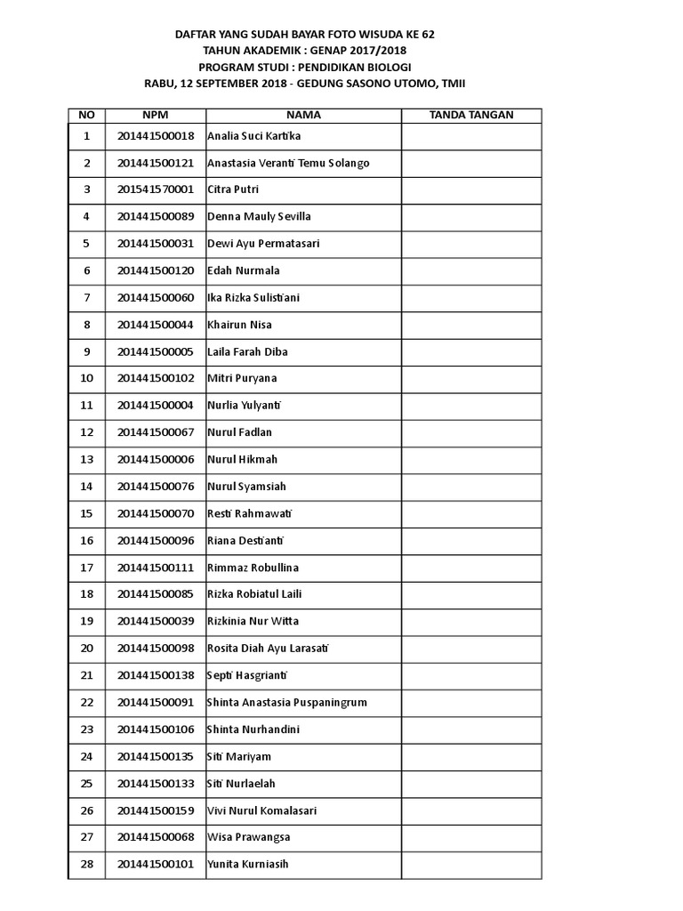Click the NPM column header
coord(155,116)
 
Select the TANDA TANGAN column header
coord(470,116)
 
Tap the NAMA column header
coord(303,116)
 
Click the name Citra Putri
coord(233,189)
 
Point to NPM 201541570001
coord(155,189)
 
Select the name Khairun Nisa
coord(239,325)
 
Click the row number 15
coord(86,513)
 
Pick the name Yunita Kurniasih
coord(247,864)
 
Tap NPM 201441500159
coord(155,810)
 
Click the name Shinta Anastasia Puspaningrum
coord(286,702)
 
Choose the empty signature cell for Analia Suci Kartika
coord(470,136)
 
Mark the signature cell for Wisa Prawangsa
coord(470,837)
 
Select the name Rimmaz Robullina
coord(253,568)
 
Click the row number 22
coord(86,702)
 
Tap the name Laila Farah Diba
coord(247,351)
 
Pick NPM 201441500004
coord(155,406)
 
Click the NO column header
coord(86,116)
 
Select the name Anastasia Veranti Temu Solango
coord(288,163)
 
